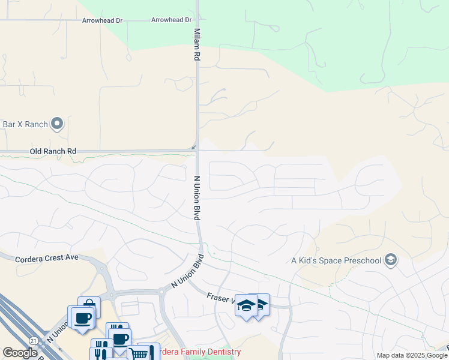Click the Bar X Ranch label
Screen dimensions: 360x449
(x=25, y=124)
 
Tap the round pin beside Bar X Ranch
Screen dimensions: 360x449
(x=58, y=124)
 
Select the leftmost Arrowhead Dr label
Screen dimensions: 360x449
(x=102, y=20)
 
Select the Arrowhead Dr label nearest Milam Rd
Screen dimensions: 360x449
(x=171, y=20)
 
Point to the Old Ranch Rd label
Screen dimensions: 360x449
(x=53, y=151)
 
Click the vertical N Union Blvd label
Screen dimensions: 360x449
(x=196, y=198)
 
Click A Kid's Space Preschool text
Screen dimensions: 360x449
(x=336, y=260)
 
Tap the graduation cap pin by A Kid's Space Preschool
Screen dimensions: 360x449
(x=391, y=259)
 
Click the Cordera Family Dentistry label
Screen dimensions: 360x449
(x=198, y=352)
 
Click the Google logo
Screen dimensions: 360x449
(x=20, y=353)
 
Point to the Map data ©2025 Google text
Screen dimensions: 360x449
(x=411, y=355)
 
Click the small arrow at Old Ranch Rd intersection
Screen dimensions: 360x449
(x=193, y=147)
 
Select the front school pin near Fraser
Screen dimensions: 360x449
(x=246, y=306)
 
